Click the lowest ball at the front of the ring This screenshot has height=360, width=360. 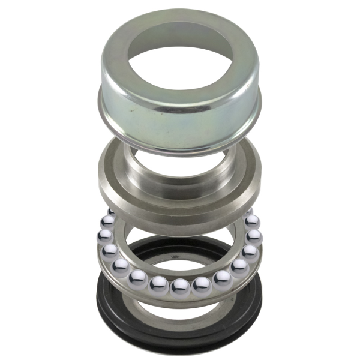(180, 287)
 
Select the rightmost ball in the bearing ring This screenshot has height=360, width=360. (254, 235)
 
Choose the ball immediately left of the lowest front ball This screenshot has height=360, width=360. (160, 284)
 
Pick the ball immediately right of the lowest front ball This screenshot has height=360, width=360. (202, 284)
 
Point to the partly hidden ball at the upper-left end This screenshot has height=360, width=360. (112, 213)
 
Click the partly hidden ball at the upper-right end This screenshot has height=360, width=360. (248, 213)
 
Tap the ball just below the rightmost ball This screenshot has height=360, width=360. (250, 250)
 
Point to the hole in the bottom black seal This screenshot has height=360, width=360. (180, 264)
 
